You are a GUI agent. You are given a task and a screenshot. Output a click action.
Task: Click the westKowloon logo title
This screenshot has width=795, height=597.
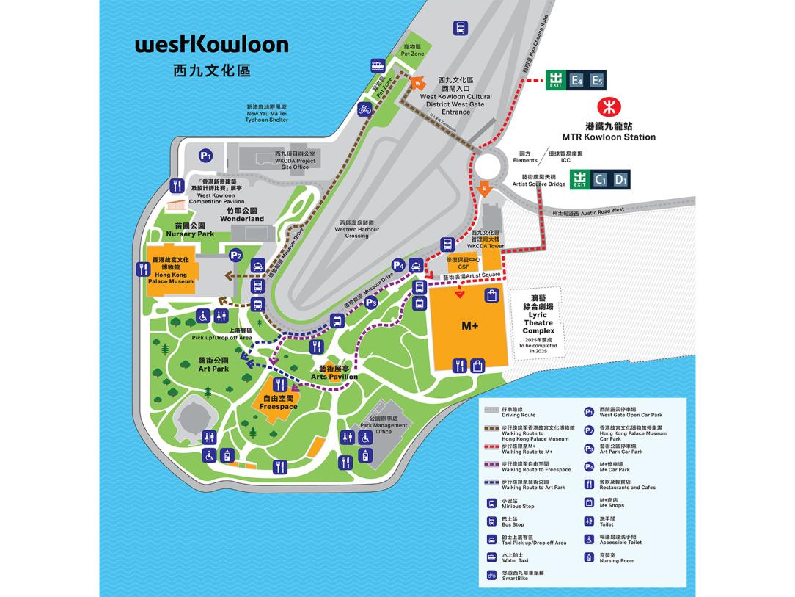(x=211, y=46)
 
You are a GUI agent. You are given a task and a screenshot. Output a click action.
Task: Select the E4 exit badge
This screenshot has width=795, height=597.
(x=577, y=81)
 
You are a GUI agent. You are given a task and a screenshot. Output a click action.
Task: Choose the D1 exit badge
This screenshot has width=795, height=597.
(x=620, y=178)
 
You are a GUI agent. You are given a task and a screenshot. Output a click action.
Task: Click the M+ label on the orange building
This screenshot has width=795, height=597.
(x=469, y=325)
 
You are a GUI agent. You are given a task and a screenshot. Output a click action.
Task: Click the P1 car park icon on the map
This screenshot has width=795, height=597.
(x=206, y=156)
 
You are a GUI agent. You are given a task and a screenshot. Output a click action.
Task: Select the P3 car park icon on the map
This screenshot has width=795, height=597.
(x=371, y=302)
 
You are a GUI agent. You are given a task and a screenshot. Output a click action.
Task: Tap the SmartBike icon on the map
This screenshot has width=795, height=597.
(x=364, y=110)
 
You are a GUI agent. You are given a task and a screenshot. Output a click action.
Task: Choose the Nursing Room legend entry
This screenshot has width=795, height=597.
(x=613, y=558)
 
